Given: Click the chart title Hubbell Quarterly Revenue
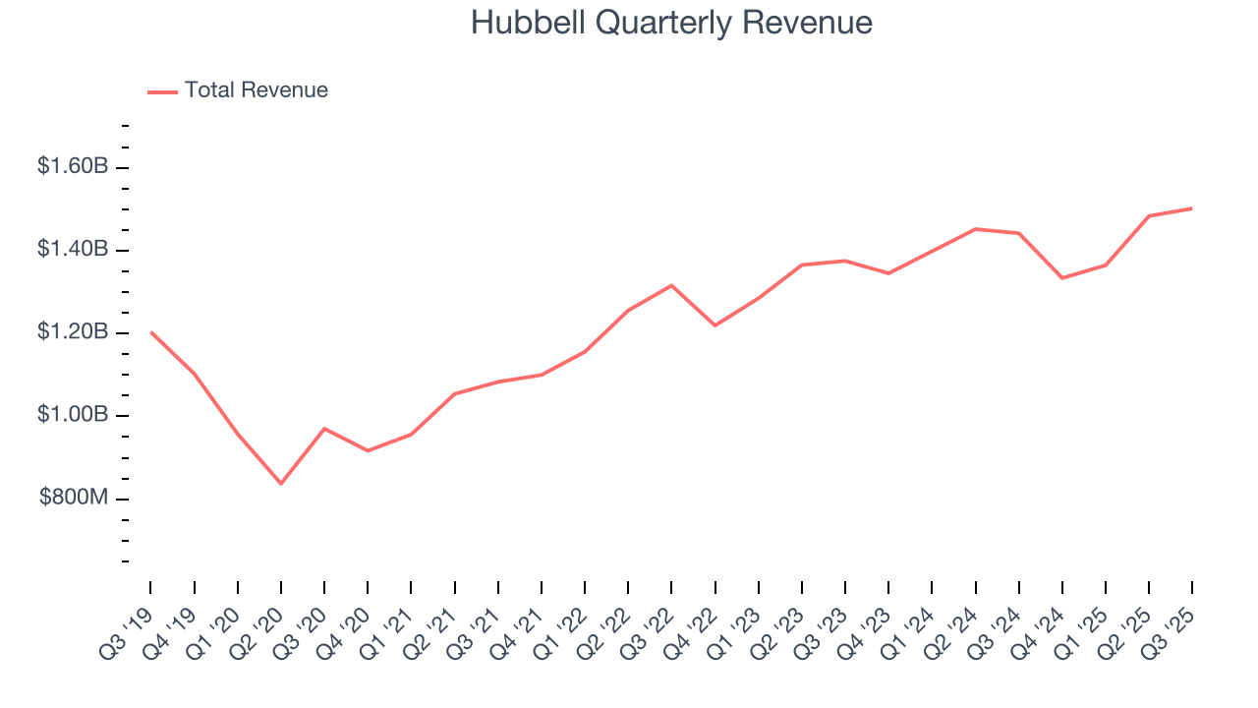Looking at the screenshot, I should [x=671, y=23].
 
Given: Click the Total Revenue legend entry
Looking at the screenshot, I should [x=256, y=90].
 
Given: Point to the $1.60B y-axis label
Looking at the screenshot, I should [x=73, y=167].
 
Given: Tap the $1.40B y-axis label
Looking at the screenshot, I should [x=73, y=250].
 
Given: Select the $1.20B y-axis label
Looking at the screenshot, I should [x=73, y=332].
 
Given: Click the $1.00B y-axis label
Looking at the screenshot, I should [x=73, y=415].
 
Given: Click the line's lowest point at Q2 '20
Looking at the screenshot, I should [x=281, y=483].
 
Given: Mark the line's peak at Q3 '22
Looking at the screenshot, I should [x=671, y=285].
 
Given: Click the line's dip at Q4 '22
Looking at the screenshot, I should [x=715, y=325].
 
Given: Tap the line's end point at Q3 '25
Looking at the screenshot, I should [x=1192, y=208].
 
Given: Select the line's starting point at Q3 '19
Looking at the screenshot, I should [x=151, y=332].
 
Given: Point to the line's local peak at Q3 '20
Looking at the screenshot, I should [x=324, y=429].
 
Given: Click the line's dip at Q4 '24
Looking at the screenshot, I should [x=1062, y=278].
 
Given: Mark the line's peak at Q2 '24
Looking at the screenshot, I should [x=975, y=229].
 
